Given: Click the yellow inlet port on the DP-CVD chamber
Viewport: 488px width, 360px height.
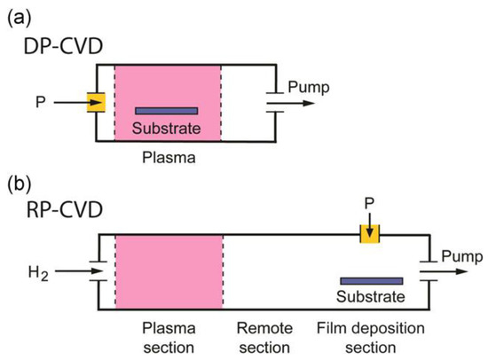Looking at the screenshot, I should click(98, 103).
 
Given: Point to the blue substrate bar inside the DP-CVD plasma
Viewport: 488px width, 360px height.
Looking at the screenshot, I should click(167, 111).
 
